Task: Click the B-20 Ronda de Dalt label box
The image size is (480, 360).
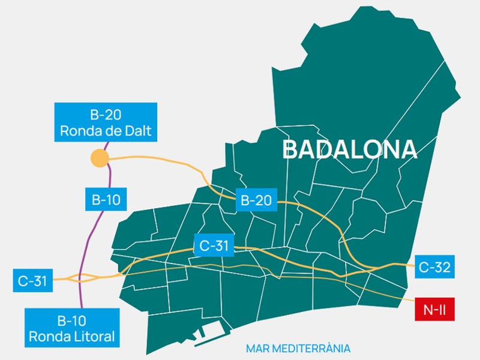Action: (x=106, y=122)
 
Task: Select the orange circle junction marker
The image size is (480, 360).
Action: (x=99, y=158)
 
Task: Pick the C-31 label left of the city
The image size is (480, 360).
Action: (x=32, y=280)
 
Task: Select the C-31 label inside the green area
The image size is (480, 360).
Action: (x=213, y=245)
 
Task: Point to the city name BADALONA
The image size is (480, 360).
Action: (x=349, y=150)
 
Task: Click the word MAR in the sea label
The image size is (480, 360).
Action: (x=257, y=348)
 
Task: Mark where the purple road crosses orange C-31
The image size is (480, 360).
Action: (x=80, y=278)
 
